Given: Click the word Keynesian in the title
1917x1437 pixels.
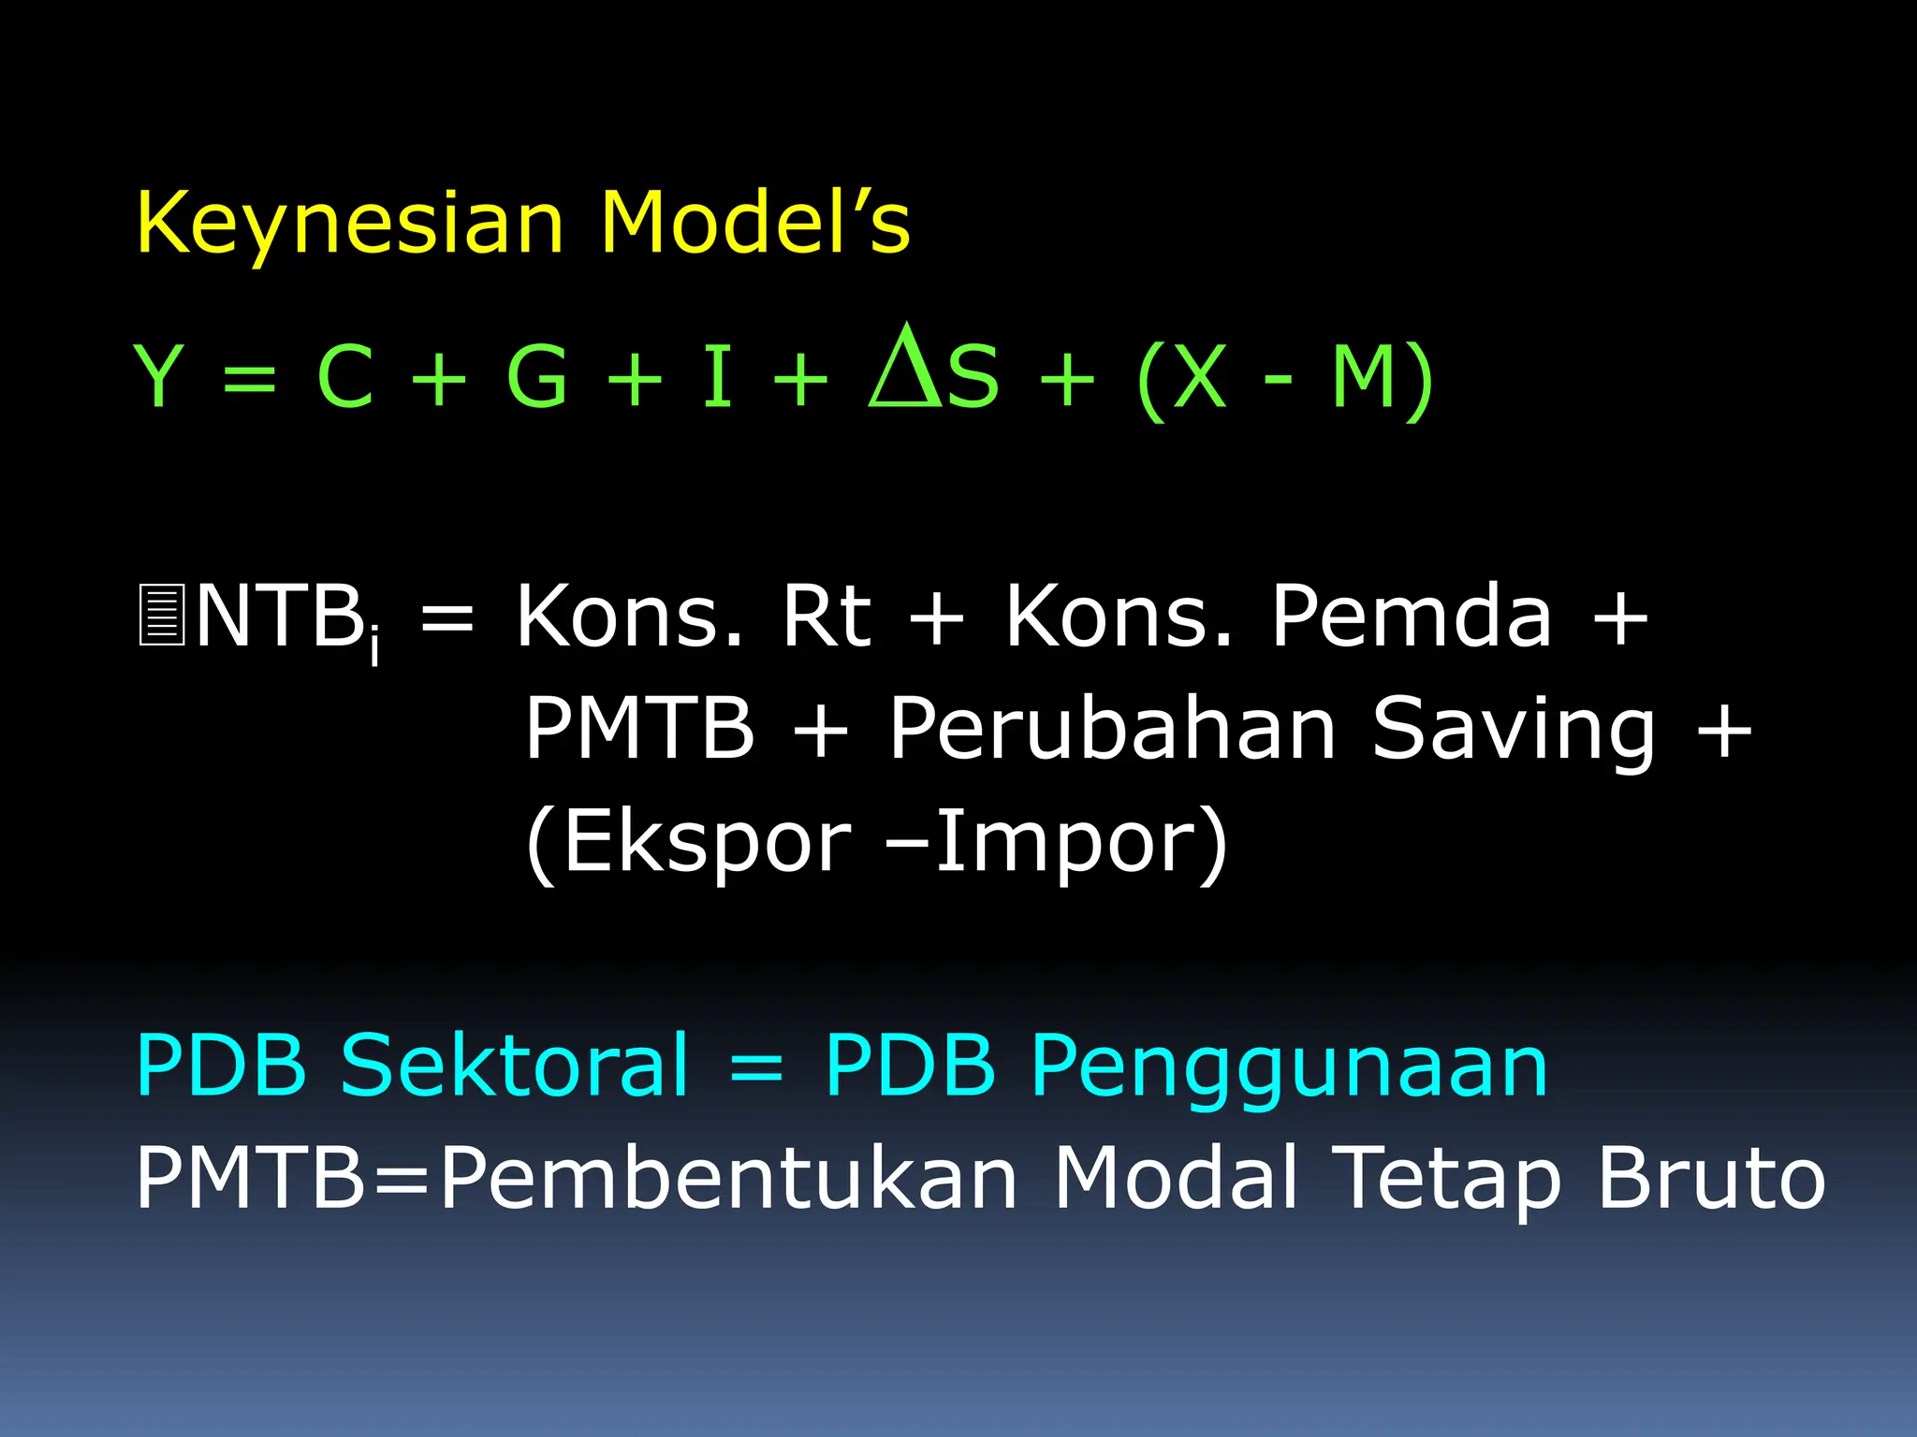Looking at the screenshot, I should (x=350, y=225).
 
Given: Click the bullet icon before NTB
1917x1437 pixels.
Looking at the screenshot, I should (x=161, y=615).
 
